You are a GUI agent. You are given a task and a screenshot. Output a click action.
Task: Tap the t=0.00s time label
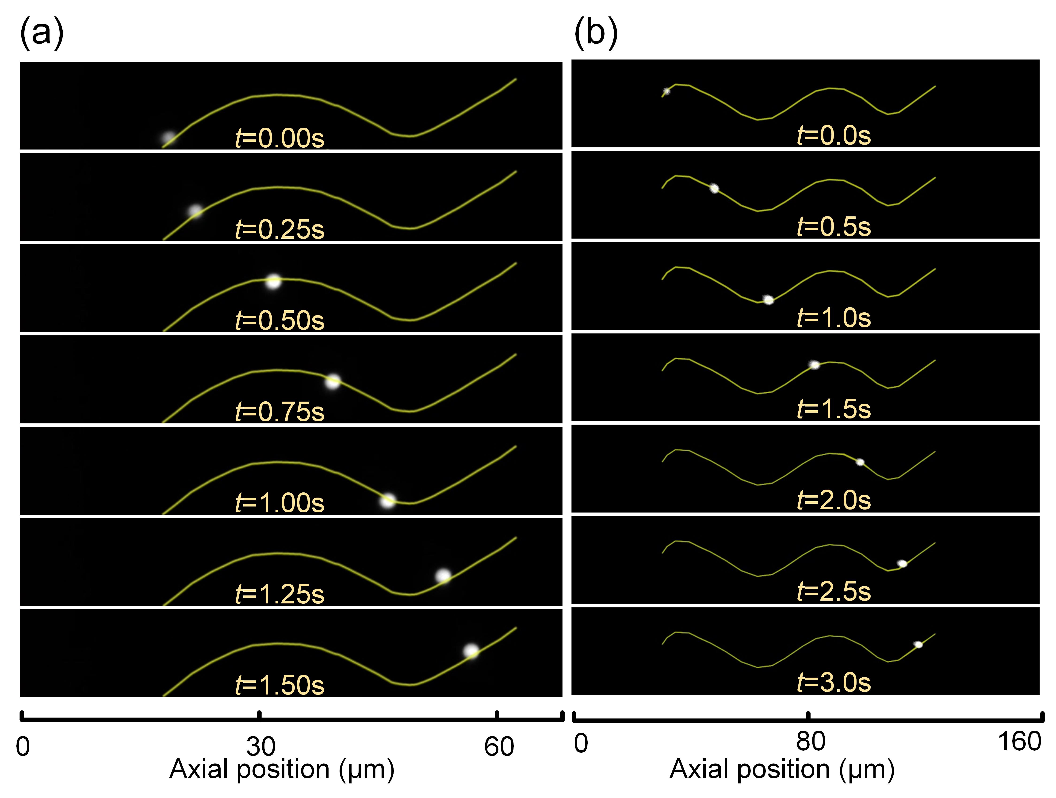pos(280,138)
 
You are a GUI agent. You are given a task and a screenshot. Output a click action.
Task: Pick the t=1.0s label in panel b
pos(834,318)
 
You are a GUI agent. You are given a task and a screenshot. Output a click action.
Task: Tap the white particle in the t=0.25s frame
pos(195,211)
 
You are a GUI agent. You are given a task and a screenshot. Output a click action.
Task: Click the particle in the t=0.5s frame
pos(714,188)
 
